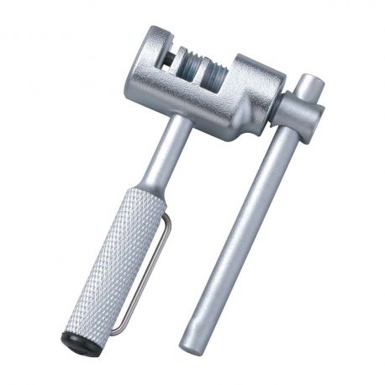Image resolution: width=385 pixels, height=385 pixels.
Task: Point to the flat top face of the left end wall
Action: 156,34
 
